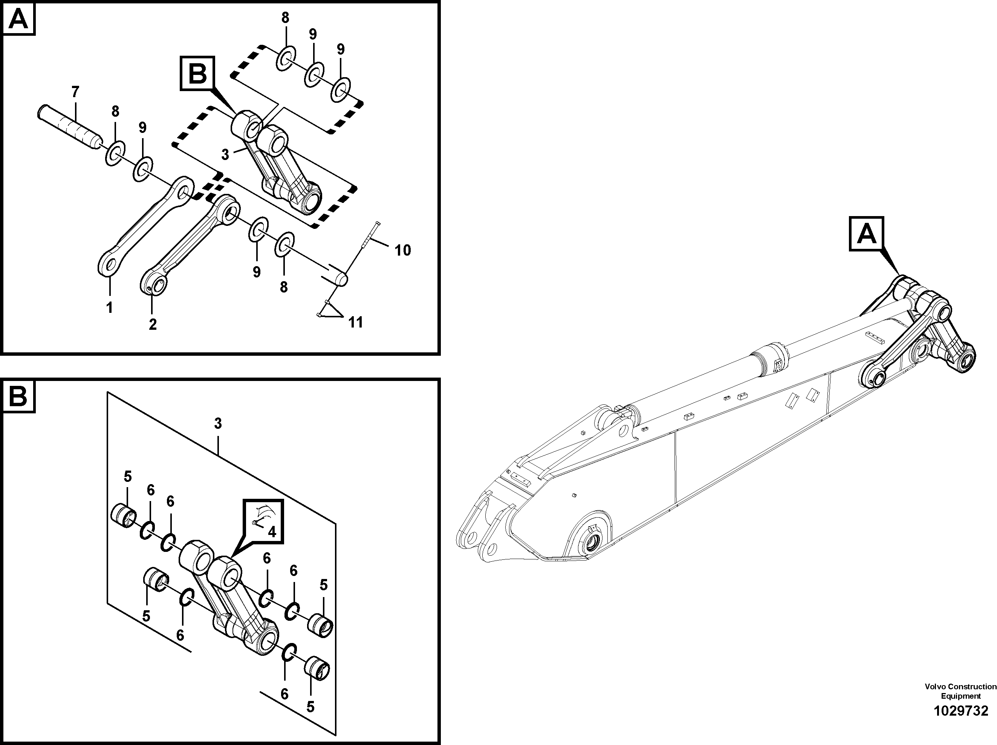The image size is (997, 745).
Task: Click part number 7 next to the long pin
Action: tap(75, 92)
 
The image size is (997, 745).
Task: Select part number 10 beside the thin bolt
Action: tap(402, 250)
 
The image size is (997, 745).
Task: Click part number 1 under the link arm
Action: tap(109, 308)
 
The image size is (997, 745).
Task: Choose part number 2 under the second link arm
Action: tap(153, 324)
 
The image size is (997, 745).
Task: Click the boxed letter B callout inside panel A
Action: tap(197, 74)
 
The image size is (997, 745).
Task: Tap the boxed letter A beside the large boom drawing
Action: tap(866, 234)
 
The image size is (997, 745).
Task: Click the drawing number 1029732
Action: tap(960, 711)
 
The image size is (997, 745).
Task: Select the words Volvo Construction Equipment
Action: tap(960, 691)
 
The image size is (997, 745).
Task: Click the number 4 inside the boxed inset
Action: tap(272, 532)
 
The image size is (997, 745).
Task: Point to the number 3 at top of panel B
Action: tap(218, 424)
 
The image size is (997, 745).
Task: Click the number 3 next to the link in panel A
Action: tap(225, 154)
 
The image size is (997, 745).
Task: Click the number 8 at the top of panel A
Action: tap(285, 18)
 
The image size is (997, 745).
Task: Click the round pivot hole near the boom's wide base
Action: tap(591, 545)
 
